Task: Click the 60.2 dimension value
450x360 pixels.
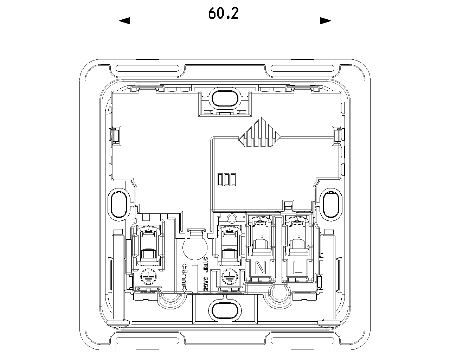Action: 223,13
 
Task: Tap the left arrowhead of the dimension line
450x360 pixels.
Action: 124,21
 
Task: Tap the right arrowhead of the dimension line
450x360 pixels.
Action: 326,21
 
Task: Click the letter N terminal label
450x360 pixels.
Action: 261,268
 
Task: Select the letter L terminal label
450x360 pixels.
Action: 298,268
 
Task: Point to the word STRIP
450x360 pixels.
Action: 206,265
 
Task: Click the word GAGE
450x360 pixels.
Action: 206,284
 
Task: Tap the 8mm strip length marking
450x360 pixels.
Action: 184,278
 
